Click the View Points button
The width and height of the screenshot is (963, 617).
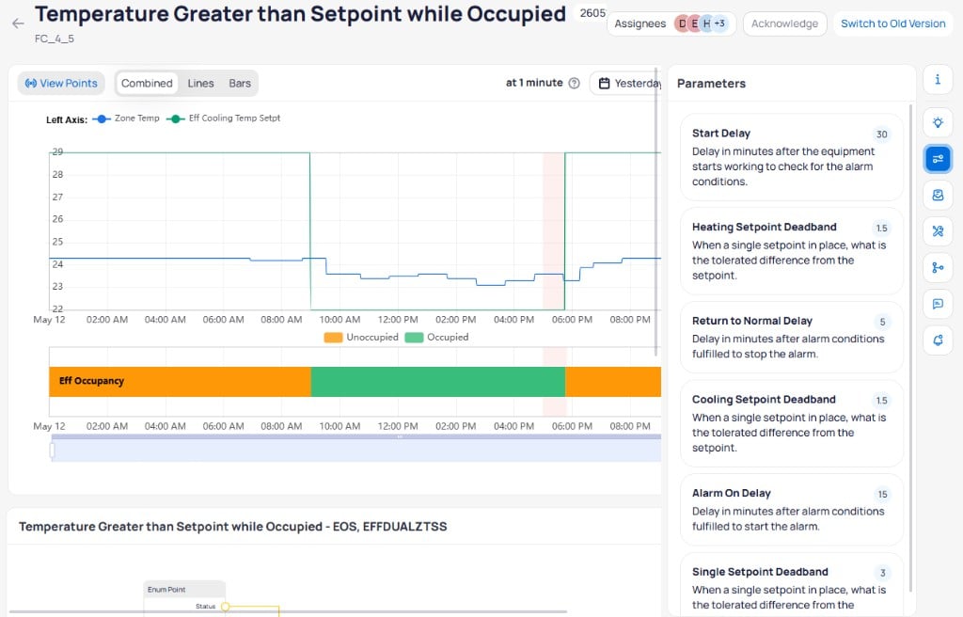(61, 83)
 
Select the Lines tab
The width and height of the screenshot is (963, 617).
(201, 83)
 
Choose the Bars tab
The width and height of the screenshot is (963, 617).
(240, 83)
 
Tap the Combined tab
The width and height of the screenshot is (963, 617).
(147, 83)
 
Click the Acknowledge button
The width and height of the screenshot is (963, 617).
(784, 24)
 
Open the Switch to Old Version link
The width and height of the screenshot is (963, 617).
(893, 24)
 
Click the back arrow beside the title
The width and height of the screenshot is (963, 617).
(18, 24)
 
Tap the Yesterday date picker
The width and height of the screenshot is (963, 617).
(625, 83)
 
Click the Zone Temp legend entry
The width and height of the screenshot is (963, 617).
(126, 119)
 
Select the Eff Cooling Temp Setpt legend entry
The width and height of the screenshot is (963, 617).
(224, 119)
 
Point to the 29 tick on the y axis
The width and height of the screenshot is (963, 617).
(57, 151)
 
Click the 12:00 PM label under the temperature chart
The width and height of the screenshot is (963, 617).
(398, 320)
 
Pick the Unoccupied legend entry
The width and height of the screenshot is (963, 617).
(361, 338)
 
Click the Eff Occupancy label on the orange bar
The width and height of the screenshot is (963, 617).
(91, 381)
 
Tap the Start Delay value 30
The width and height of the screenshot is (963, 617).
(881, 134)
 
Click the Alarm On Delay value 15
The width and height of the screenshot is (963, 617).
(882, 494)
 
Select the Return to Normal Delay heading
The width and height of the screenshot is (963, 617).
(751, 321)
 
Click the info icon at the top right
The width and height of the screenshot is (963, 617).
(938, 79)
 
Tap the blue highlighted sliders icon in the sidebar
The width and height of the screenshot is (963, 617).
(938, 159)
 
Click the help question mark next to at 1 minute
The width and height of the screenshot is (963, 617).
(575, 83)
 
